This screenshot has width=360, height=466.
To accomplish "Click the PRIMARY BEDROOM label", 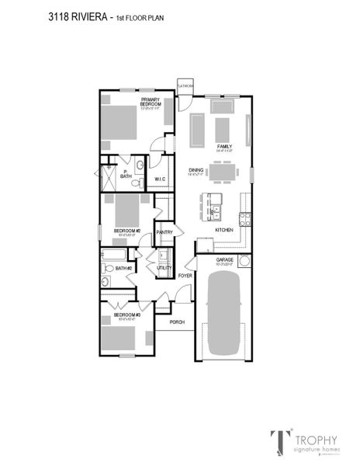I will [150, 101].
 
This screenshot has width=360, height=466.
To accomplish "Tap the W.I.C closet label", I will [160, 179].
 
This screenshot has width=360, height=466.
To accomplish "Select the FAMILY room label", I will [224, 145].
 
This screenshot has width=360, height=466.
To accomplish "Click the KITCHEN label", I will [224, 231].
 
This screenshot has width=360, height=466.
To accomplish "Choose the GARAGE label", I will [224, 261].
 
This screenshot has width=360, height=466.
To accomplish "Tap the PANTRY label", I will [164, 231].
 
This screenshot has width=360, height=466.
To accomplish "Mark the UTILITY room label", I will [164, 268].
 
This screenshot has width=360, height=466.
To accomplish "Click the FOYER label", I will [185, 276].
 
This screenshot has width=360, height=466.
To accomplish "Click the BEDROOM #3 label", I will [126, 315].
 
